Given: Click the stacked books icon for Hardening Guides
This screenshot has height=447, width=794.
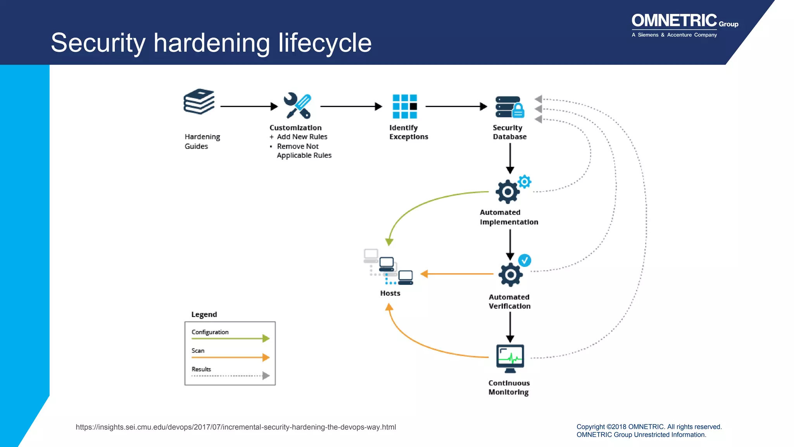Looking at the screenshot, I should [x=199, y=102].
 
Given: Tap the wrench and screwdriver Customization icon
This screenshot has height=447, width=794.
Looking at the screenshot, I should [x=297, y=106].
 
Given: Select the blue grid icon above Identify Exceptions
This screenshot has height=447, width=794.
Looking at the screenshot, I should [x=404, y=106].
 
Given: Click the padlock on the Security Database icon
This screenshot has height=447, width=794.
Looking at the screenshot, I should [x=518, y=111].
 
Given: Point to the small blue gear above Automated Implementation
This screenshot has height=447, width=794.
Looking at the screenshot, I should [x=524, y=182].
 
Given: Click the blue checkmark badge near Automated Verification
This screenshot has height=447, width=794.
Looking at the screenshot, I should [x=525, y=260].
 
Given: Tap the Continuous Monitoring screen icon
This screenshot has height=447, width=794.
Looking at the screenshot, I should [x=510, y=358].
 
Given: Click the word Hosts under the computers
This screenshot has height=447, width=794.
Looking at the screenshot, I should [x=390, y=293].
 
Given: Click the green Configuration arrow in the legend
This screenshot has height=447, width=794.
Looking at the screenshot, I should [x=230, y=338].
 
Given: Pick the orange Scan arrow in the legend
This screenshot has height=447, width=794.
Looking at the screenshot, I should [x=230, y=357].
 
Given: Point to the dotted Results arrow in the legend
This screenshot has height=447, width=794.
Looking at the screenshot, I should [x=230, y=376].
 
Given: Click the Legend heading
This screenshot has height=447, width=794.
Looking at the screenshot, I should [x=204, y=314].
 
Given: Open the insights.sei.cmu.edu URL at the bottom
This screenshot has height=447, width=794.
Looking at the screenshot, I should [x=236, y=427].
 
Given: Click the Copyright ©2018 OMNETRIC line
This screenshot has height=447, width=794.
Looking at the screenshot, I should [x=649, y=427].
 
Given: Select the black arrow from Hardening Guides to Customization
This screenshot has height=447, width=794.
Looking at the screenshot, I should [x=249, y=106].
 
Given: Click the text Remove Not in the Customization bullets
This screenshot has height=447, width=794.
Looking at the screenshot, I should [x=297, y=146].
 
